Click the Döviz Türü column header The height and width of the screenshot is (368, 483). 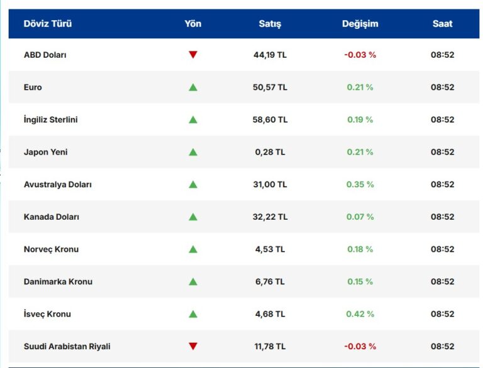point(48,24)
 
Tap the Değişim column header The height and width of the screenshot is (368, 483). point(360,24)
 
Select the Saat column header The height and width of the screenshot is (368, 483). point(442,24)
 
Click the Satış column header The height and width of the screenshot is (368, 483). point(270,24)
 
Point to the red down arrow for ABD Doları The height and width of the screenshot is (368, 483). point(193,55)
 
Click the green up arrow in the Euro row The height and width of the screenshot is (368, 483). point(193,87)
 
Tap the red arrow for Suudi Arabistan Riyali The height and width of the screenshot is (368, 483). point(193,346)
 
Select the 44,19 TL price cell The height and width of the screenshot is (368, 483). point(270,55)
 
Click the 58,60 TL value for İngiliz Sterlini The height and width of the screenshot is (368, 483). point(270,119)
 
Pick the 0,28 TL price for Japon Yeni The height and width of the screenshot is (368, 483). point(270,152)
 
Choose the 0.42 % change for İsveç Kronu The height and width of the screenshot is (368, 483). point(360,314)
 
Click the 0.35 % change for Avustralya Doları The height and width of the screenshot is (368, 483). point(360,185)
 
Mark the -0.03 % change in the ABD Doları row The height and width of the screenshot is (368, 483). point(360,55)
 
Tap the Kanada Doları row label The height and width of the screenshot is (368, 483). point(52,217)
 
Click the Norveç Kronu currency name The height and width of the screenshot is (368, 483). point(52,249)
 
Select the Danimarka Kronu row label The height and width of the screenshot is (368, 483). point(58,281)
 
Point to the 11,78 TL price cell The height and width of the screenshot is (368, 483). point(270,346)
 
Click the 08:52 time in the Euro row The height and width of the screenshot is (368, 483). point(442,87)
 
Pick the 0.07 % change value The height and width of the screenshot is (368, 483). point(360,217)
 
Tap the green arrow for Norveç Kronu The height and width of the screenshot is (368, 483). point(193,249)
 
